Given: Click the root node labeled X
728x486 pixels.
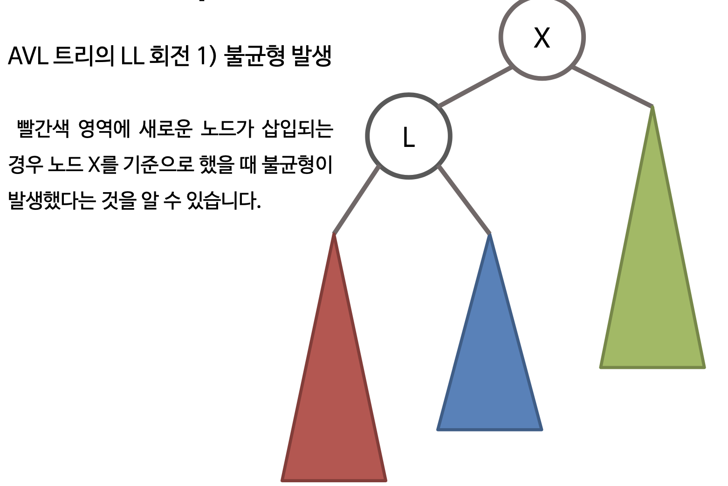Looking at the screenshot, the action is pyautogui.click(x=542, y=37).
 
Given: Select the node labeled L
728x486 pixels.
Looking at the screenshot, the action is pyautogui.click(x=408, y=136).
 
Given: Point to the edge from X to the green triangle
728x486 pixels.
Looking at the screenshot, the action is pyautogui.click(x=612, y=87).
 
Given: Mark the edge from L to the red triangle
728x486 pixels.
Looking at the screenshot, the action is pyautogui.click(x=357, y=200).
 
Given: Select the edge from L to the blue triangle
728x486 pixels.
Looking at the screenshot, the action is pyautogui.click(x=464, y=200).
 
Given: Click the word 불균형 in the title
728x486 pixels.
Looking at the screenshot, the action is pyautogui.click(x=254, y=57).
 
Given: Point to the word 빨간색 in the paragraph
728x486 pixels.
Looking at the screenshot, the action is pyautogui.click(x=43, y=129).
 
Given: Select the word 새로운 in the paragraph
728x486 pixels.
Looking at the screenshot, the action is pyautogui.click(x=165, y=129).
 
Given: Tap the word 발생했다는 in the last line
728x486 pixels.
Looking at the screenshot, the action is pyautogui.click(x=52, y=201).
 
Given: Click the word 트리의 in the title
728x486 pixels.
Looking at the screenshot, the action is pyautogui.click(x=83, y=57).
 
